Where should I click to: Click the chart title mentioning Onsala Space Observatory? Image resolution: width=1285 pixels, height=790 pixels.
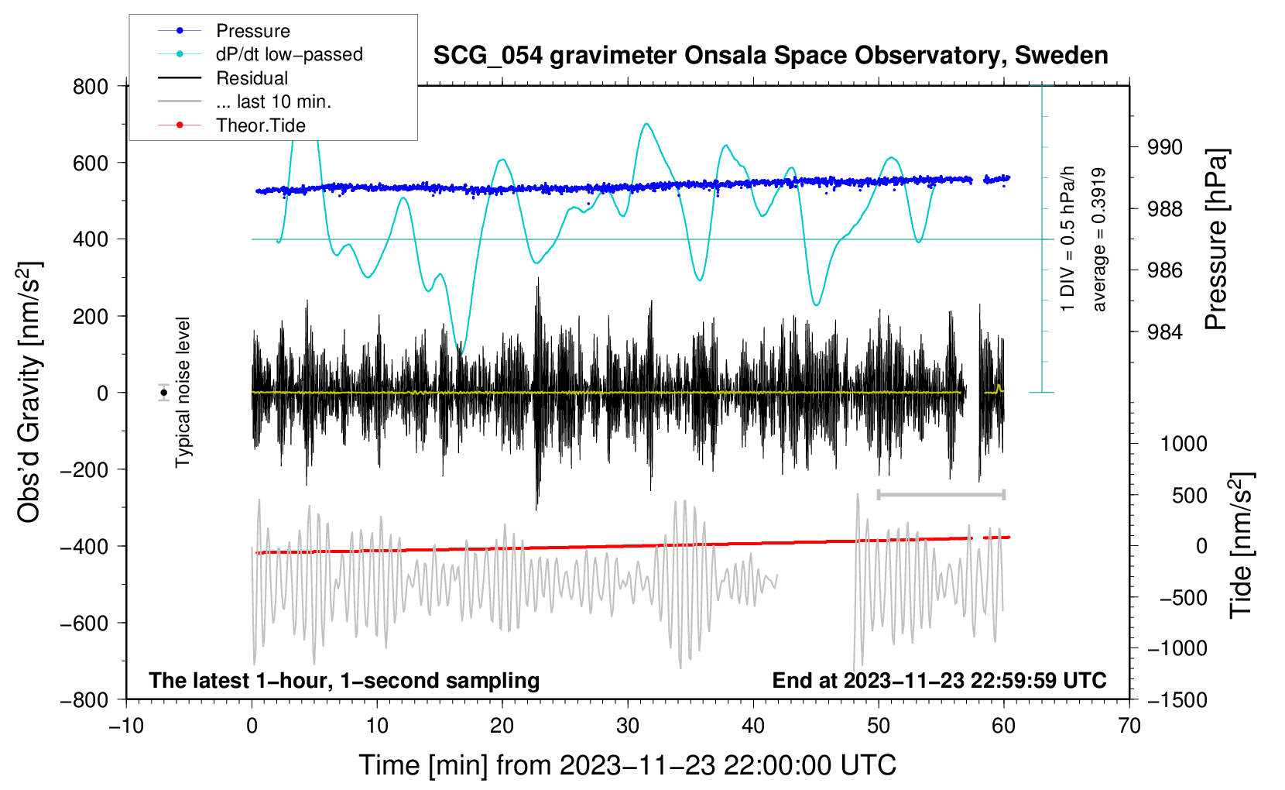[770, 56]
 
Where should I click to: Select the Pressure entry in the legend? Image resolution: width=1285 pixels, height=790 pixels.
[252, 31]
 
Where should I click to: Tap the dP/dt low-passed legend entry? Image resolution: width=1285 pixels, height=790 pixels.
[289, 54]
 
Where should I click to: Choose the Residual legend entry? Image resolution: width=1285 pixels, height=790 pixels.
[252, 78]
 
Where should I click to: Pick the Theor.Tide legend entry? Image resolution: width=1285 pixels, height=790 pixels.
[260, 125]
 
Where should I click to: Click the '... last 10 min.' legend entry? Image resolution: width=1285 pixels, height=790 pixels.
[273, 101]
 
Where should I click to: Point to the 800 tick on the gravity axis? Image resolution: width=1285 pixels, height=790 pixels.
[91, 86]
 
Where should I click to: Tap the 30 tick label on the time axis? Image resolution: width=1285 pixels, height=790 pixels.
[628, 726]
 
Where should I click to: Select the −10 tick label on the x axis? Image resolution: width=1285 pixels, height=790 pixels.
[125, 726]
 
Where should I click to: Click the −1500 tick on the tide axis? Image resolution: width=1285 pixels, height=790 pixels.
[1177, 699]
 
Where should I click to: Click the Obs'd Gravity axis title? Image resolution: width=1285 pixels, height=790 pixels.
[29, 392]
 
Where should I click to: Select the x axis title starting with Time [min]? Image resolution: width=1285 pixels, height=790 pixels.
[627, 765]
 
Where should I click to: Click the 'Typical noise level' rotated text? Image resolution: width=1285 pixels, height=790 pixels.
[183, 392]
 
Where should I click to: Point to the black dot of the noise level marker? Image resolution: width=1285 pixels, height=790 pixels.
[163, 393]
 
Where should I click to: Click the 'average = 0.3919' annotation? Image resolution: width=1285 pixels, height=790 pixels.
[1099, 240]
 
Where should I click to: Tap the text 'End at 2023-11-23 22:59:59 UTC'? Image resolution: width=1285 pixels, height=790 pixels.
[939, 680]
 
